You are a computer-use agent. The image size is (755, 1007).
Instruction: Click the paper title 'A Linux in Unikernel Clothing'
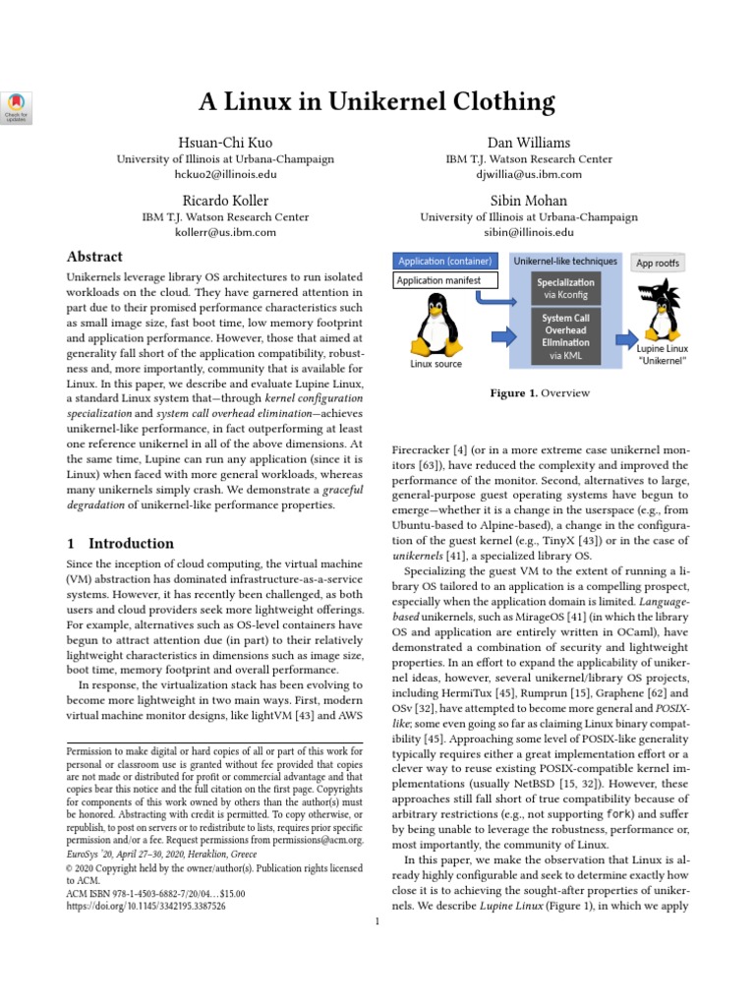tap(377, 101)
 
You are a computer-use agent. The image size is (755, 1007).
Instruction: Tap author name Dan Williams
tap(528, 143)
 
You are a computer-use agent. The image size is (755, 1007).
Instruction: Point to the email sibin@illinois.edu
tap(528, 233)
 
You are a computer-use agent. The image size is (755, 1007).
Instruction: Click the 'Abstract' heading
tap(94, 258)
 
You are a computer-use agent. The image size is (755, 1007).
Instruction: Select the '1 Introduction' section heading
tap(119, 543)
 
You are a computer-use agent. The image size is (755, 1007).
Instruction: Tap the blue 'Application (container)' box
tap(446, 261)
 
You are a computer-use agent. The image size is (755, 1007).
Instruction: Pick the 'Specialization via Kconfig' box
tap(564, 287)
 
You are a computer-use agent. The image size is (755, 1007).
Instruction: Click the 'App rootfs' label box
tap(658, 263)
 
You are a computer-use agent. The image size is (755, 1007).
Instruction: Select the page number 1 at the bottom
tap(377, 921)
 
